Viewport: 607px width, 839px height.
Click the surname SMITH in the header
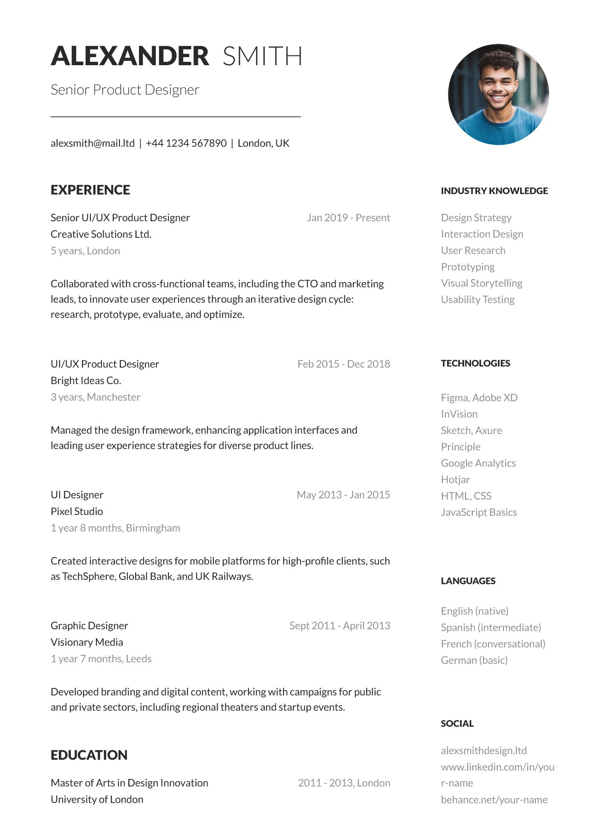click(262, 56)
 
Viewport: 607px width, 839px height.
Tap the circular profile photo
click(498, 94)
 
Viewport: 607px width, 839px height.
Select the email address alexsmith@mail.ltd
click(92, 143)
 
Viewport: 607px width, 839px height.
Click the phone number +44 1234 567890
click(186, 143)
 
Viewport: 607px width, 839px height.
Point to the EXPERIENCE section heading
click(90, 190)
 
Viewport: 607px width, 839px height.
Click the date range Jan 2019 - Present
click(348, 218)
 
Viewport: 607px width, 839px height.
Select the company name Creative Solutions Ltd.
click(101, 234)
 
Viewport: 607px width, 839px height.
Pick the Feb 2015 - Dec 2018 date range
click(344, 364)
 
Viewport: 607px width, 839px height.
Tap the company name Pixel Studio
click(77, 512)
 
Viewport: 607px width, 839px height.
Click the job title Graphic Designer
click(89, 626)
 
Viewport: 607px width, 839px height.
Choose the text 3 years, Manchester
click(95, 397)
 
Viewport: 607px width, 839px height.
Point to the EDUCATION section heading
click(89, 755)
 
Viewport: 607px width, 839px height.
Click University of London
click(97, 800)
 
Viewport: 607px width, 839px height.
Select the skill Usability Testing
click(477, 300)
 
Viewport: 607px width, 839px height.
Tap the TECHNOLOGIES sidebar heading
click(475, 363)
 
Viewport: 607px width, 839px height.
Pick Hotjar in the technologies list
click(455, 480)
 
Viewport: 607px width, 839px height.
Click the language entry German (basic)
click(474, 660)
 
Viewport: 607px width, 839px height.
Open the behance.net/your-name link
click(494, 800)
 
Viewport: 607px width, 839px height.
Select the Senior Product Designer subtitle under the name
click(125, 90)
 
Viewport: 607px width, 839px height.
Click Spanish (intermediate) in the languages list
click(491, 628)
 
